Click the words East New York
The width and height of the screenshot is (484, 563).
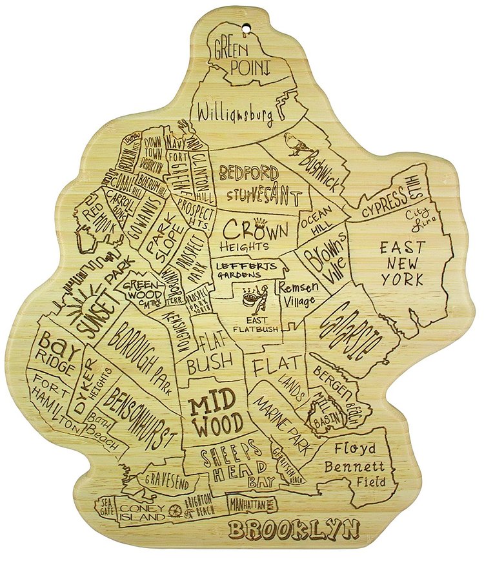tap(402, 263)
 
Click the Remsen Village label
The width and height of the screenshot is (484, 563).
tap(297, 291)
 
